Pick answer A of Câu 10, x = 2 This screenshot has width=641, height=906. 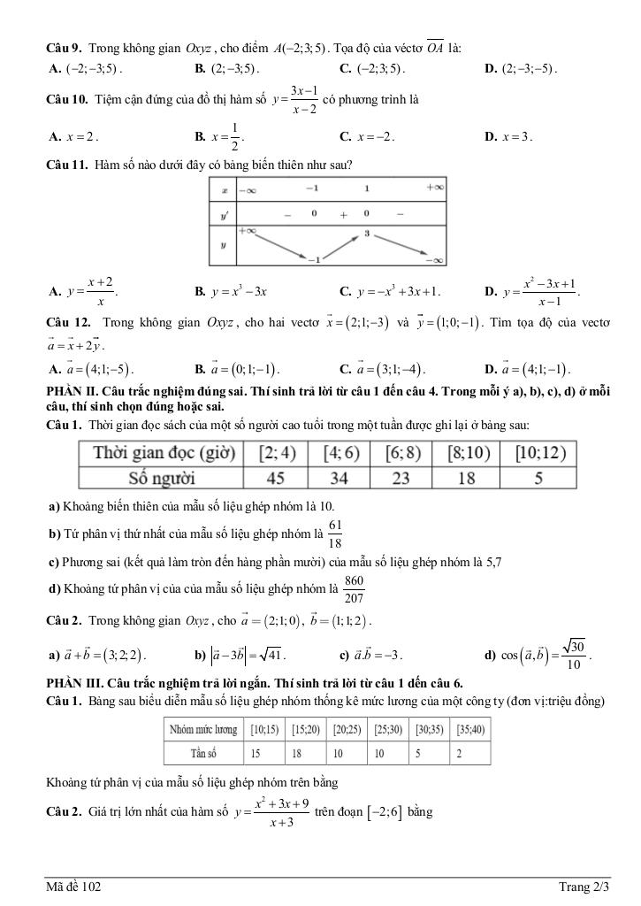click(x=74, y=137)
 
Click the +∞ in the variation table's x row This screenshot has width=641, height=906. click(x=434, y=188)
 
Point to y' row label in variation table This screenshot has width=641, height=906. click(x=225, y=213)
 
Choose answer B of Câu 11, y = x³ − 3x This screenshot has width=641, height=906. click(x=231, y=290)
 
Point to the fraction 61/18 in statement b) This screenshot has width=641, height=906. click(x=335, y=534)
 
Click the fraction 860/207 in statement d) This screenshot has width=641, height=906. click(x=354, y=588)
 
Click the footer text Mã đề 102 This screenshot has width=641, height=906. click(x=74, y=886)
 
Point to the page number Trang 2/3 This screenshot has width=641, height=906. click(x=584, y=886)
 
